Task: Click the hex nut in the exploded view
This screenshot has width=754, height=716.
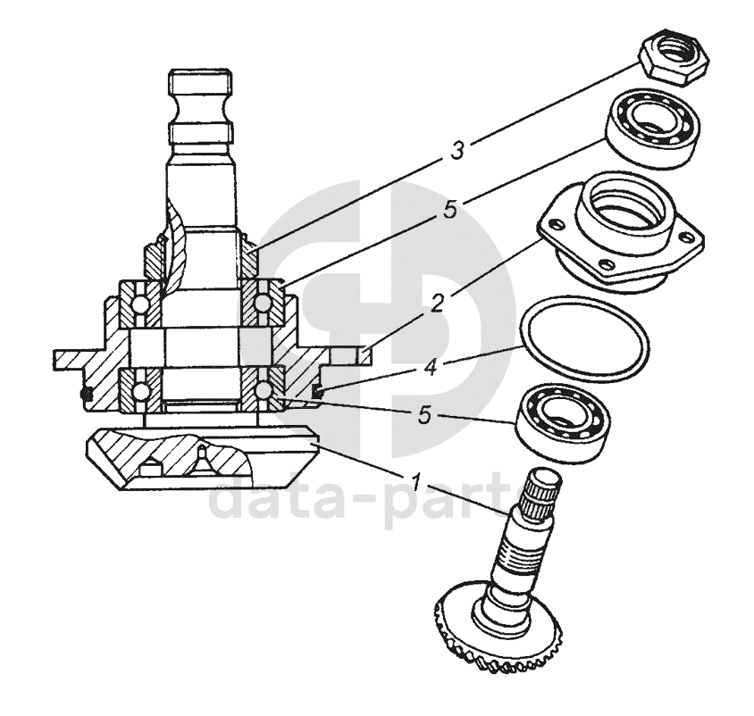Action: coord(674,61)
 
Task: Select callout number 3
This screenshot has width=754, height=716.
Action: coord(457,150)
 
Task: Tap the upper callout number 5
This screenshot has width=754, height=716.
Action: coord(450,210)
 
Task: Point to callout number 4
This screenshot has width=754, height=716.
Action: coord(431,368)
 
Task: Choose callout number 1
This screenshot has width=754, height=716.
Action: coord(416,481)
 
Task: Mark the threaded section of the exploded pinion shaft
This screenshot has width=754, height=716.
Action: coord(520,554)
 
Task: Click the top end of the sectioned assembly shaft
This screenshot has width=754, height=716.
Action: coord(200,83)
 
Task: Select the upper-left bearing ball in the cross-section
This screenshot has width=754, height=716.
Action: coord(140,304)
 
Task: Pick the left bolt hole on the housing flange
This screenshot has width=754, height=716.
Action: coord(557,224)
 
